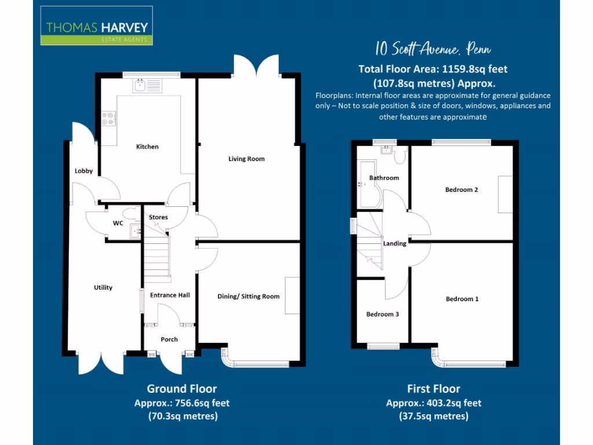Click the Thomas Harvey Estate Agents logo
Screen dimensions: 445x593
tap(96, 25)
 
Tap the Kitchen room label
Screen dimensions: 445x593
tap(147, 147)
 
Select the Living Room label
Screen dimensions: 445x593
tap(247, 159)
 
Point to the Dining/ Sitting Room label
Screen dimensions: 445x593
tap(248, 296)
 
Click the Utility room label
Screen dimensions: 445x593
tap(103, 287)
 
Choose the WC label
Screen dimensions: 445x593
tap(118, 223)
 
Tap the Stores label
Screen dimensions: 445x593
tap(158, 217)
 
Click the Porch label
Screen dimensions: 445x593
tap(169, 339)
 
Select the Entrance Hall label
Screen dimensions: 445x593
tap(170, 295)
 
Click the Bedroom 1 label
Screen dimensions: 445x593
tap(462, 299)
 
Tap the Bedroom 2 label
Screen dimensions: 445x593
tap(462, 189)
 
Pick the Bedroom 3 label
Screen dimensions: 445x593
tap(382, 314)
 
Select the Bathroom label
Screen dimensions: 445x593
tap(384, 178)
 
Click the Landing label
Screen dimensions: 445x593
tap(394, 243)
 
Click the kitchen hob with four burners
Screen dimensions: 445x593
tap(108, 119)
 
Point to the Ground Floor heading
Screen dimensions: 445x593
tap(182, 389)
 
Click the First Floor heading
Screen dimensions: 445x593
tap(434, 389)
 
